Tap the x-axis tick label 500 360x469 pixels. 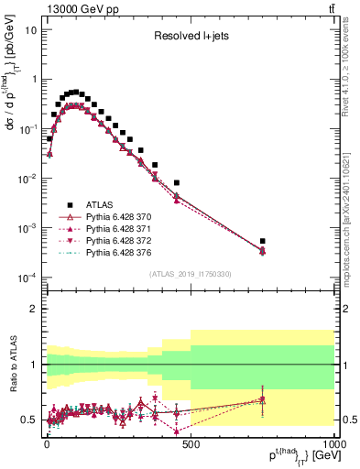point(191,443)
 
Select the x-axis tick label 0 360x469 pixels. point(47,443)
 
